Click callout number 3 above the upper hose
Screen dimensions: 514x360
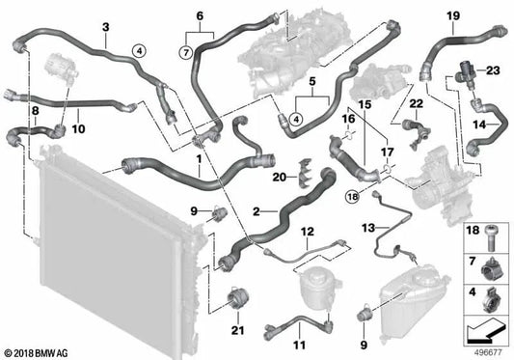[x=105, y=27]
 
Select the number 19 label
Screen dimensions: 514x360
[x=453, y=15]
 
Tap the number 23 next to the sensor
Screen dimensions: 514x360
[x=493, y=70]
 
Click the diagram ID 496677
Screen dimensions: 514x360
[x=488, y=353]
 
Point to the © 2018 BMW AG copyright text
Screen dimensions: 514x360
[x=37, y=353]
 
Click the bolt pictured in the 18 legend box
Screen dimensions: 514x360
[x=492, y=238]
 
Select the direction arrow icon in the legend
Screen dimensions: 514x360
[x=485, y=330]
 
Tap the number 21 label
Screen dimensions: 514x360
[x=238, y=330]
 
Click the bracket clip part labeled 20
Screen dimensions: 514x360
[x=305, y=173]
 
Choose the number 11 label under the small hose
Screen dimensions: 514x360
[x=299, y=346]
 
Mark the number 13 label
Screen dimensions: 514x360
[x=368, y=228]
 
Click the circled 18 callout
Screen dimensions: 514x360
[x=353, y=197]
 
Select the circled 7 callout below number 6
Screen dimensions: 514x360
[x=186, y=52]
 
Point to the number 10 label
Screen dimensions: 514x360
[x=78, y=129]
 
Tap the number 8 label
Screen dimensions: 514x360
[x=35, y=111]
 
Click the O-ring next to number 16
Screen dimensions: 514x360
[x=349, y=134]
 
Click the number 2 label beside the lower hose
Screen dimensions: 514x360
[x=256, y=211]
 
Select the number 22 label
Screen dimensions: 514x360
[x=417, y=104]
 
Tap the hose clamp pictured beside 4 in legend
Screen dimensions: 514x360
[x=491, y=299]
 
